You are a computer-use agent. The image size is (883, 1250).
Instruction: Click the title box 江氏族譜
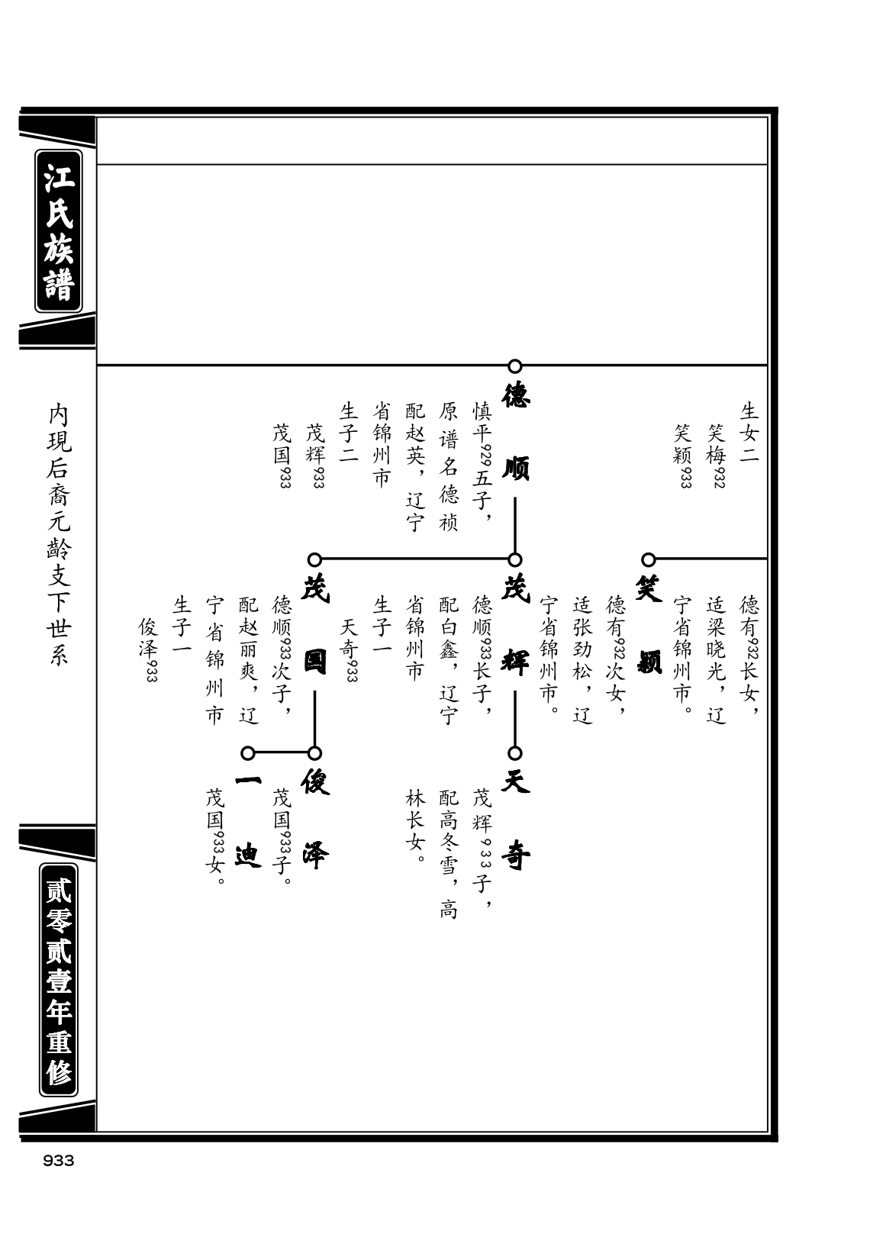click(59, 231)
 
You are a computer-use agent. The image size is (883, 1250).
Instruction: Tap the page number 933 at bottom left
click(59, 1161)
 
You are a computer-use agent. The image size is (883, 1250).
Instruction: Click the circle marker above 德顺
click(514, 366)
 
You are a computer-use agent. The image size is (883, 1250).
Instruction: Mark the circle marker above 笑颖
click(648, 559)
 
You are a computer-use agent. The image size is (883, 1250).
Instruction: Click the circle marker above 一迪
click(248, 753)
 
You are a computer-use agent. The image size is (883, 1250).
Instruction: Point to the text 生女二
click(749, 433)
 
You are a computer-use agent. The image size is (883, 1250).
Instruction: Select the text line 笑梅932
click(716, 456)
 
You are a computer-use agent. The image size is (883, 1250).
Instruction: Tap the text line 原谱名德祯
click(448, 466)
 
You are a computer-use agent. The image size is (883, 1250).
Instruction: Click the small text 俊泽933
click(148, 649)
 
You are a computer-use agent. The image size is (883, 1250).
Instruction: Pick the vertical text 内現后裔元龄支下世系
click(59, 535)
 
